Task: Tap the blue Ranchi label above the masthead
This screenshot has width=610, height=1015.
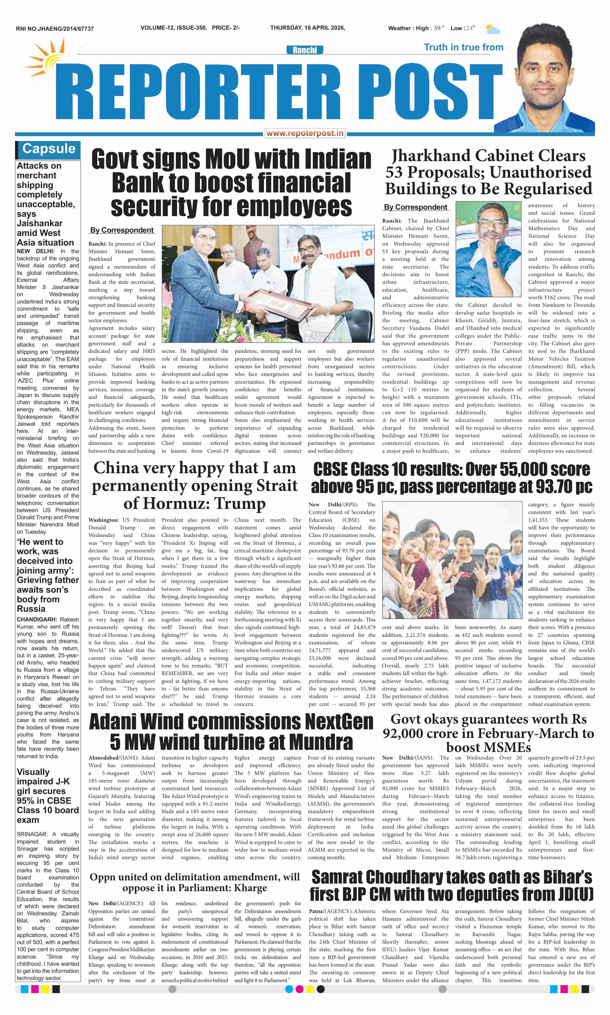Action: pos(305,50)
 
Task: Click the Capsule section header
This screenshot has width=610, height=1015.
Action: pos(49,149)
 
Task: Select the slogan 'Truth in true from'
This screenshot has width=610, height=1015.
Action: pos(463,47)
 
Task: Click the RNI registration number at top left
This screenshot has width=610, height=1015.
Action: pos(55,29)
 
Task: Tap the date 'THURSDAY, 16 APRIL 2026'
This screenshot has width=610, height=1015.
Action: pos(308,28)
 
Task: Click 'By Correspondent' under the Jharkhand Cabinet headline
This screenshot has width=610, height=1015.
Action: pos(415,207)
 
